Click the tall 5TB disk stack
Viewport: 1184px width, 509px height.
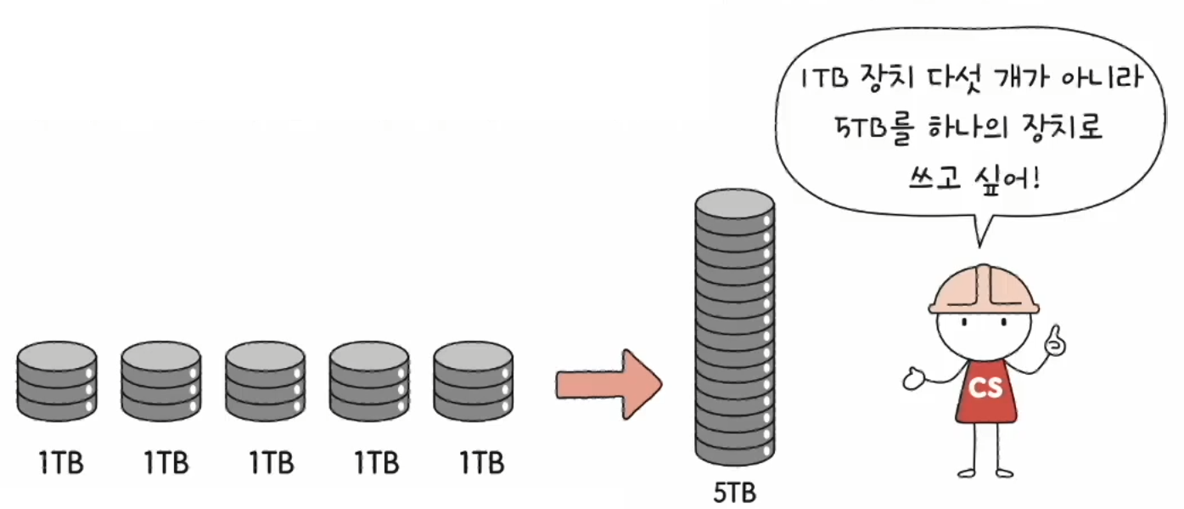[x=734, y=331]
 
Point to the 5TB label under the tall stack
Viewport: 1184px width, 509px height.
[x=734, y=493]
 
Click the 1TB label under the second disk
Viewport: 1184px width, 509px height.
[x=166, y=464]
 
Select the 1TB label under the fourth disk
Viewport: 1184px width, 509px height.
[x=376, y=464]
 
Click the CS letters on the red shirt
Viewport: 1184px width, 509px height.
[x=986, y=388]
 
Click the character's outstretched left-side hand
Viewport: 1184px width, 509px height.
[x=914, y=378]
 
